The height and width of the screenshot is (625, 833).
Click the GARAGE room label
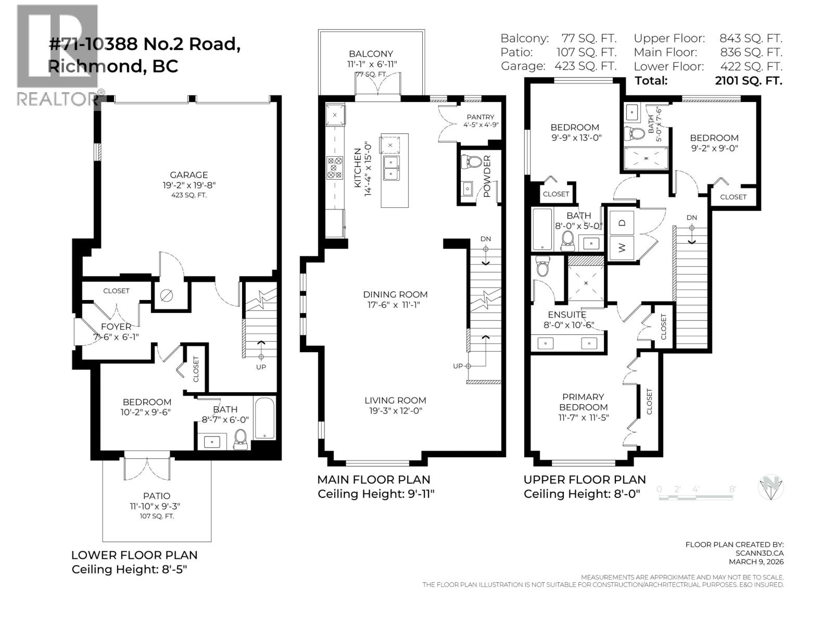pos(188,175)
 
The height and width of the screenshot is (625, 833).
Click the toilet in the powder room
pos(473,161)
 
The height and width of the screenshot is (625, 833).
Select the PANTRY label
pos(480,117)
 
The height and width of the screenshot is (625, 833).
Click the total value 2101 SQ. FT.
pos(749,81)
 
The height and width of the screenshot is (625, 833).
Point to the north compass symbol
pos(771,488)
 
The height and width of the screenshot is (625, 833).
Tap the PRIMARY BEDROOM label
pos(583,402)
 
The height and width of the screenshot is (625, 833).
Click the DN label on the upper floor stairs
pos(691,217)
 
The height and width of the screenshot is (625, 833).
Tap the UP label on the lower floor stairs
pos(261,367)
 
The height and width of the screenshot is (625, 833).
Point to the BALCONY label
pos(371,54)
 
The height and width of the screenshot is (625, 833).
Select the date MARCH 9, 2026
pos(756,561)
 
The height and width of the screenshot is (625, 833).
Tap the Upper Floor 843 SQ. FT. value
pos(751,38)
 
